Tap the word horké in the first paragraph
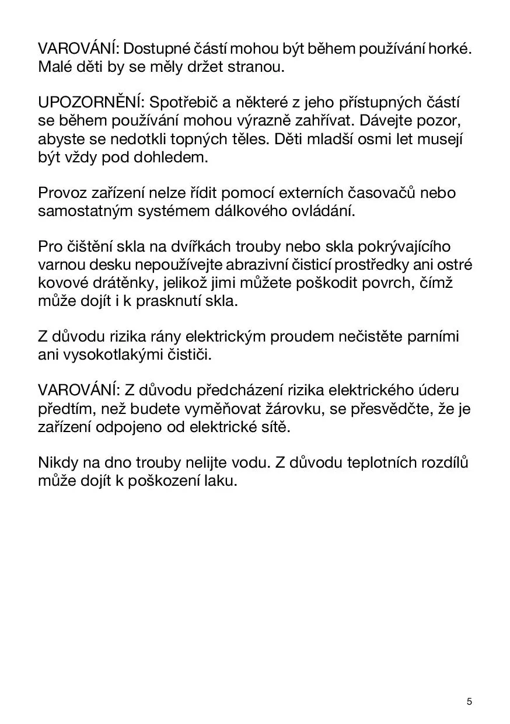tap(449, 49)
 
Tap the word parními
tap(429, 337)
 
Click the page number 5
tap(469, 701)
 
